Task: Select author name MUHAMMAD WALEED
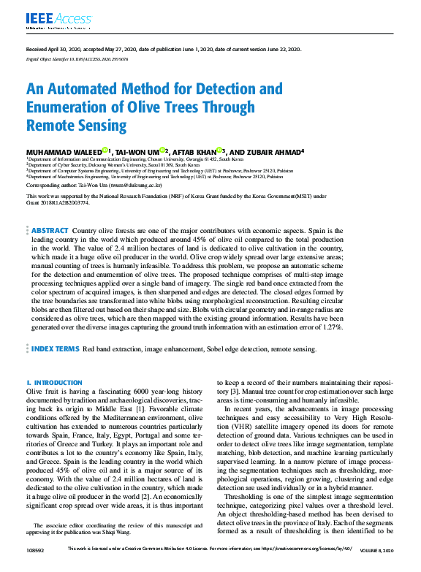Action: point(63,151)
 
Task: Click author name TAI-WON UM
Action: point(157,151)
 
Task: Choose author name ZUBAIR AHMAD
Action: point(276,151)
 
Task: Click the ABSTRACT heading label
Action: point(50,230)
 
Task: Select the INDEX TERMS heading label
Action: point(55,350)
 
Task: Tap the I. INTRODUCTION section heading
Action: point(54,383)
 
